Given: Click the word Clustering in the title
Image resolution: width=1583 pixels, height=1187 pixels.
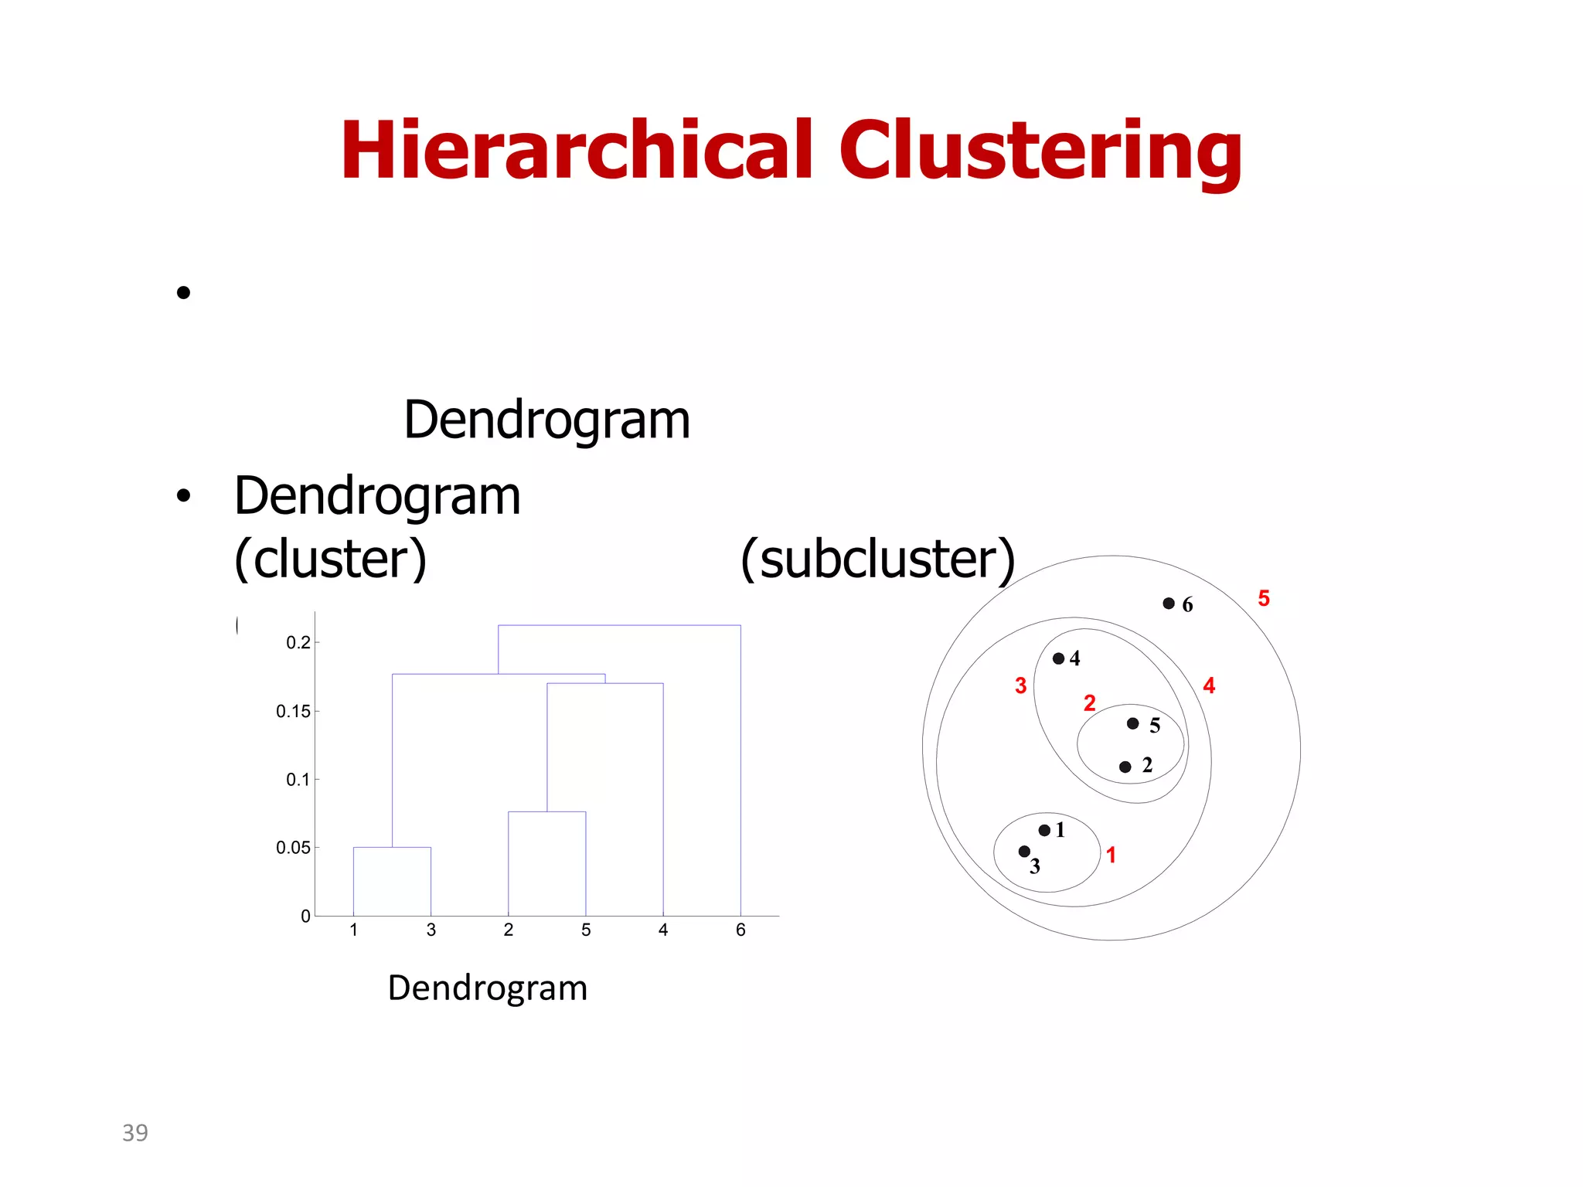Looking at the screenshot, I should tap(1040, 152).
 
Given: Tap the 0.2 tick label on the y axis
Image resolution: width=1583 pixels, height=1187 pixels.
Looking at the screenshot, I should tap(298, 642).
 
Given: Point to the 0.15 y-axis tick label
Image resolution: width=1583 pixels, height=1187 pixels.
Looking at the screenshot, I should tap(293, 711).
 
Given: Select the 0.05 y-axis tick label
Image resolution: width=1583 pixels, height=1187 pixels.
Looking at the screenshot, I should tap(293, 848).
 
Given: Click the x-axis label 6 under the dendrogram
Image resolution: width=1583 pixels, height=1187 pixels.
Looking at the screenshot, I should tap(740, 930).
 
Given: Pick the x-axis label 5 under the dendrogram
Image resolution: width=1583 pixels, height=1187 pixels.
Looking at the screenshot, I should tap(586, 930).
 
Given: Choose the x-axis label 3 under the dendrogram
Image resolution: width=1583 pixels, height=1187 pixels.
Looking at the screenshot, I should tap(431, 930).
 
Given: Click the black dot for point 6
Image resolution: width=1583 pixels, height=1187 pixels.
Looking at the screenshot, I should tap(1169, 604).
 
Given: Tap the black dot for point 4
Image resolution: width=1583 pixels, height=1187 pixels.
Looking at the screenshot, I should tap(1058, 658).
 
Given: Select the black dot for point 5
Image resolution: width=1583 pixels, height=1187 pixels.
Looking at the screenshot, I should tap(1132, 723).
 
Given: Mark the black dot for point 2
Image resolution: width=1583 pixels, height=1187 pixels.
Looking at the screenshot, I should tap(1125, 767).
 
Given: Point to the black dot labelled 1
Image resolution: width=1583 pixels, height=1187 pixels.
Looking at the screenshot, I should tap(1044, 830).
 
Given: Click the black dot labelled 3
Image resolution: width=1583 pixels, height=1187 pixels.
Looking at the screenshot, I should tap(1024, 851).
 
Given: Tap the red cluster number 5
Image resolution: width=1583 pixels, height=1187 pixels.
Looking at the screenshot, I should tap(1264, 598).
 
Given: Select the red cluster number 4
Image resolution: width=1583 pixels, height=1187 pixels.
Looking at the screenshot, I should tap(1209, 685).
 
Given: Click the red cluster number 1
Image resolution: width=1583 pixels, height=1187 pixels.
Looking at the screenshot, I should tap(1111, 855).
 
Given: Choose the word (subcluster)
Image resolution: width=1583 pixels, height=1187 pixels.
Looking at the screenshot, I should tap(877, 559).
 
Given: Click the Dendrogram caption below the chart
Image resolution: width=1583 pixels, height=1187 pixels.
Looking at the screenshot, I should tap(488, 988).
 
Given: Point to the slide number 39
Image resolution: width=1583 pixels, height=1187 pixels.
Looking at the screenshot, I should tap(135, 1132).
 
